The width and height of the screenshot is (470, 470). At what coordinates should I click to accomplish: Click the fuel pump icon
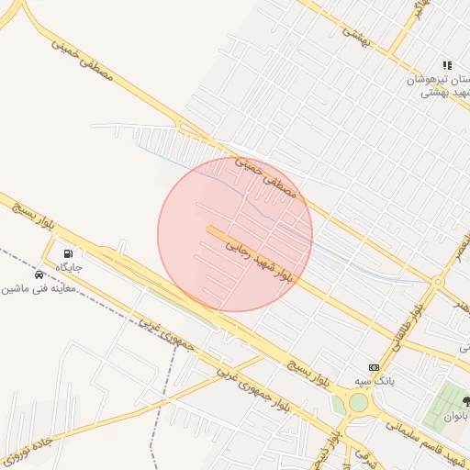[68, 253]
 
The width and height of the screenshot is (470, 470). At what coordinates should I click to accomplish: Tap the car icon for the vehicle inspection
[39, 274]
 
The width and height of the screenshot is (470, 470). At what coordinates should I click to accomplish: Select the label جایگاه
[69, 267]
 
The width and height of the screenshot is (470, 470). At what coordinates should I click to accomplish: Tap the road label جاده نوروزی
[28, 447]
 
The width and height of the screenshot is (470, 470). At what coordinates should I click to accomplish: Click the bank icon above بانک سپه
[373, 367]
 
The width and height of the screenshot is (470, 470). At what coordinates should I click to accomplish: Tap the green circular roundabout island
[357, 402]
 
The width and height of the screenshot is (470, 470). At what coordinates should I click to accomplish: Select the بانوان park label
[455, 415]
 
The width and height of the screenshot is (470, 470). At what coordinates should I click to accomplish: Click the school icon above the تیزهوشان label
[447, 65]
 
